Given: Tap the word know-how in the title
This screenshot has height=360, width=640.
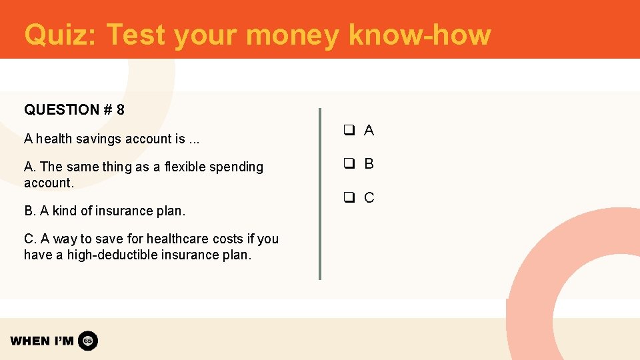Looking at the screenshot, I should (x=419, y=35).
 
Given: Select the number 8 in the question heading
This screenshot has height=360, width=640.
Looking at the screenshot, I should (x=120, y=110).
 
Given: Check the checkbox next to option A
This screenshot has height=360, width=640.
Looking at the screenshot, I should (x=348, y=131).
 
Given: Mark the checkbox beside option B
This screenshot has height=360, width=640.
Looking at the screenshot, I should (x=348, y=164).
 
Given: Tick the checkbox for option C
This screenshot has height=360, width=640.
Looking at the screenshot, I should (x=348, y=197).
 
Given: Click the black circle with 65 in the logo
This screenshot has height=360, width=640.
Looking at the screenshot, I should (x=88, y=341).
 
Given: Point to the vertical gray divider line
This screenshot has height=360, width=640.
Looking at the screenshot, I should (x=320, y=193).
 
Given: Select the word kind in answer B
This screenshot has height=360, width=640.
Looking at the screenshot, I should (x=65, y=211).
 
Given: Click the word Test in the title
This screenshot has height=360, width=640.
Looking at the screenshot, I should (x=135, y=35).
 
